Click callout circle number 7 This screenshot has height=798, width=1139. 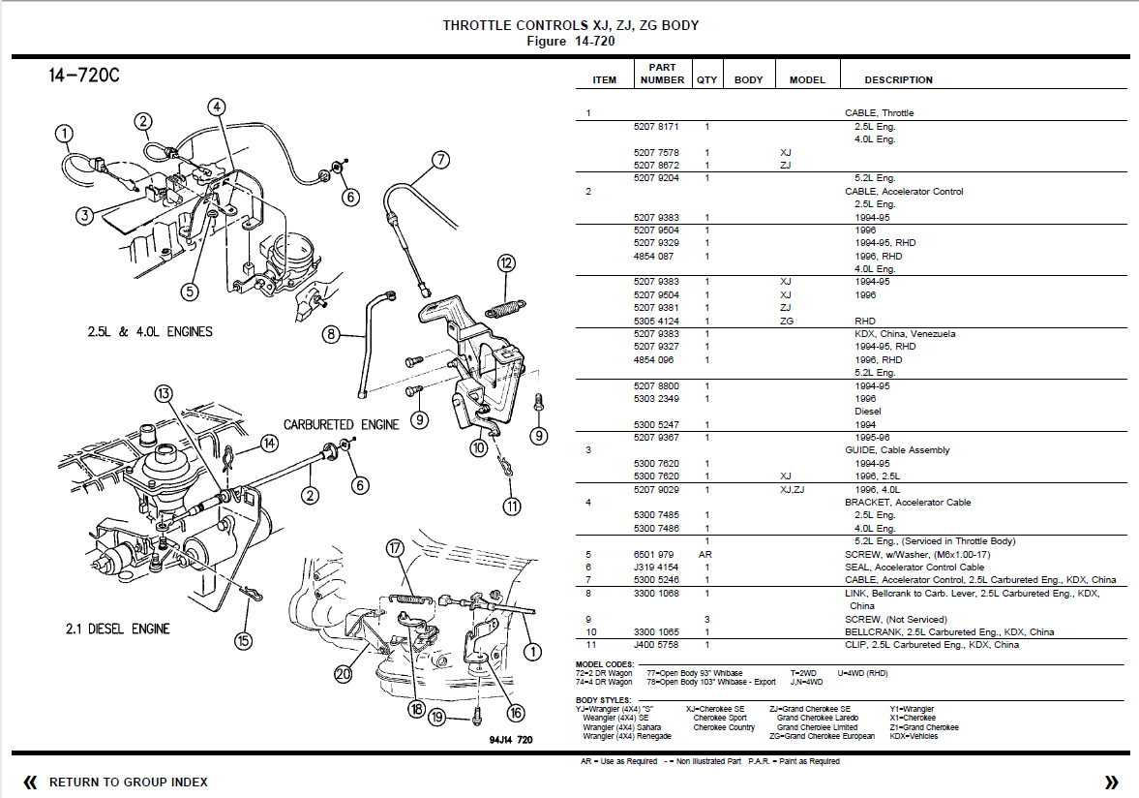click(x=440, y=161)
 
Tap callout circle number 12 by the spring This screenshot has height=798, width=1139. click(x=507, y=262)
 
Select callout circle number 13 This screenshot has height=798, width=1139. click(x=164, y=393)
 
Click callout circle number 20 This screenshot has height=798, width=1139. click(x=344, y=674)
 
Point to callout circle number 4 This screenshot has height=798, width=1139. click(x=216, y=107)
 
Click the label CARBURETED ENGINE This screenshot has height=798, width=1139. click(x=341, y=425)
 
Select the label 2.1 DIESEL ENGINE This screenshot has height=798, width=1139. click(x=117, y=629)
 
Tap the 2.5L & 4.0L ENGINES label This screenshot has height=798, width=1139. click(x=150, y=332)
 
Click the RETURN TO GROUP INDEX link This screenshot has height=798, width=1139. click(x=128, y=782)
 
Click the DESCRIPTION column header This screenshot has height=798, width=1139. click(x=898, y=80)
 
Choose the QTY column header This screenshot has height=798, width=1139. click(x=707, y=80)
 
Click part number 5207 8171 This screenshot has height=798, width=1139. click(x=656, y=127)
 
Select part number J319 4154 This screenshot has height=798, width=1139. click(x=656, y=568)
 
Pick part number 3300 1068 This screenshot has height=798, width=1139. click(x=656, y=593)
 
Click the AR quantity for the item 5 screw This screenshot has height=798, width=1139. click(x=707, y=554)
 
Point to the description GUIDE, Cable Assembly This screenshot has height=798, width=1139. click(x=897, y=450)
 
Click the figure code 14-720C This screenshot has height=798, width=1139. click(x=84, y=77)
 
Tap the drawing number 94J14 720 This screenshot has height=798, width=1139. click(x=510, y=740)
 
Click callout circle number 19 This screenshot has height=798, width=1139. click(x=437, y=718)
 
